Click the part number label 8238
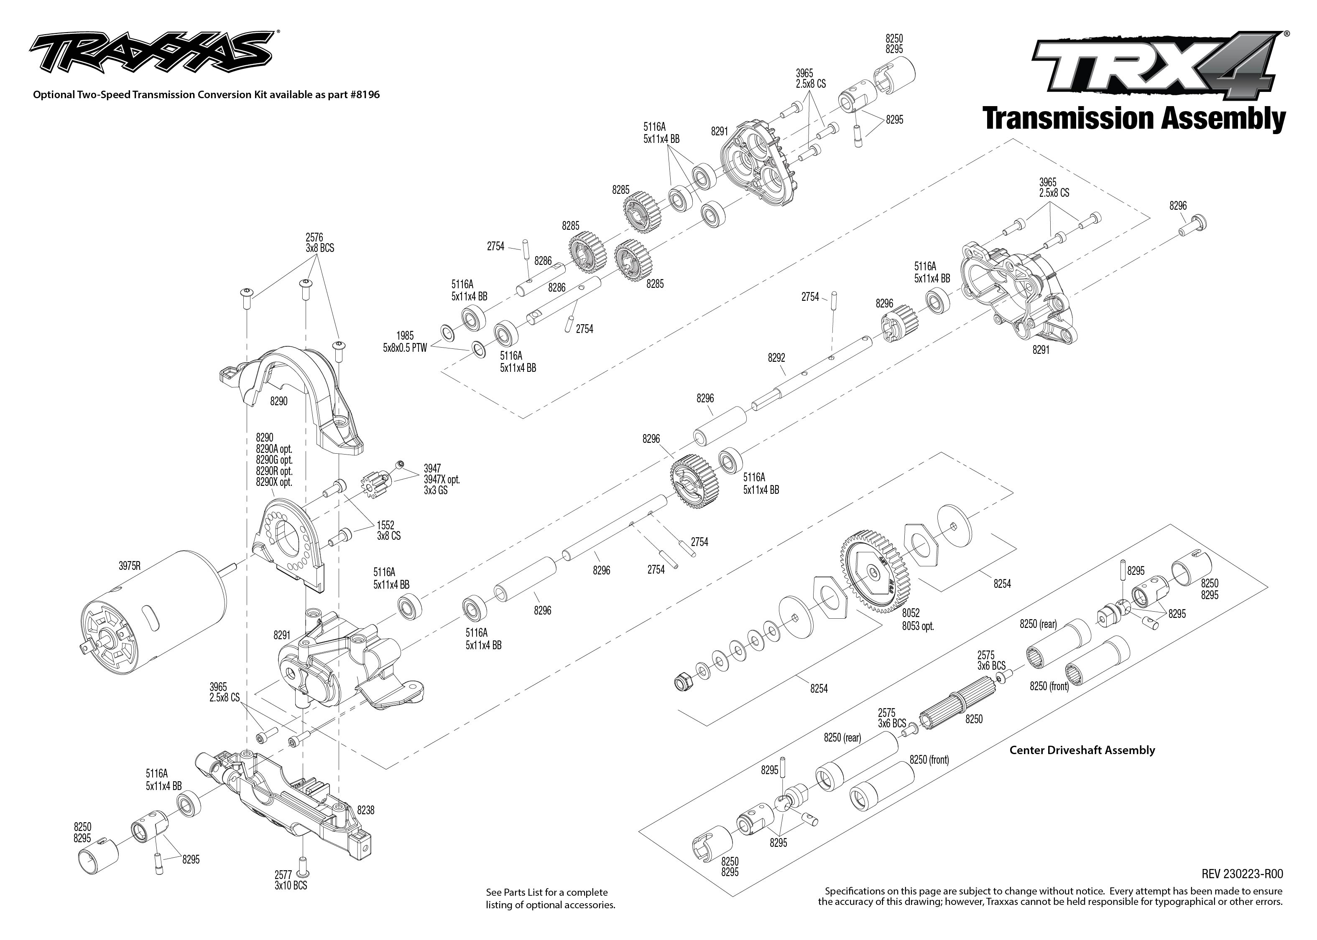(x=365, y=810)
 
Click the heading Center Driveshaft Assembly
(x=1082, y=750)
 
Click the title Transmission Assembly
(x=1134, y=118)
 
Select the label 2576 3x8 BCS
(x=320, y=243)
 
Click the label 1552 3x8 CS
(x=388, y=530)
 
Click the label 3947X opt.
(x=442, y=479)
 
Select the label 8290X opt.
(x=274, y=482)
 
